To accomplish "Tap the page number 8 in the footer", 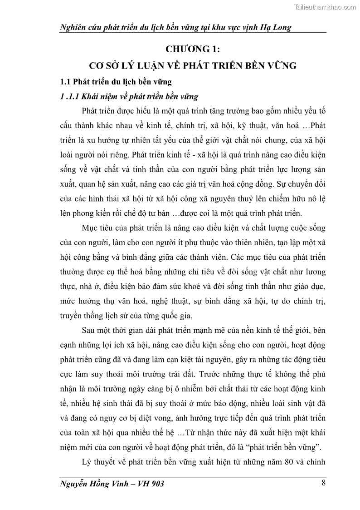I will point(323,482).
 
